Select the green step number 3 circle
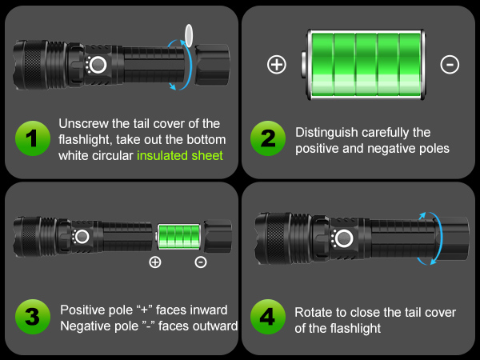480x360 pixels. click(32, 317)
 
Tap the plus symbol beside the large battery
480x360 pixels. click(277, 66)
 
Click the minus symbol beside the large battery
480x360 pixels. click(450, 66)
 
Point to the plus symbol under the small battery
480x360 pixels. click(155, 262)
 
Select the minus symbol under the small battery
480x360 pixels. click(201, 262)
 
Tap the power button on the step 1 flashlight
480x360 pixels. click(98, 65)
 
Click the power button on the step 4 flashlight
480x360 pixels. click(344, 238)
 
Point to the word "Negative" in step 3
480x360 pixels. click(86, 326)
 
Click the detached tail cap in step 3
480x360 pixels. click(218, 238)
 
